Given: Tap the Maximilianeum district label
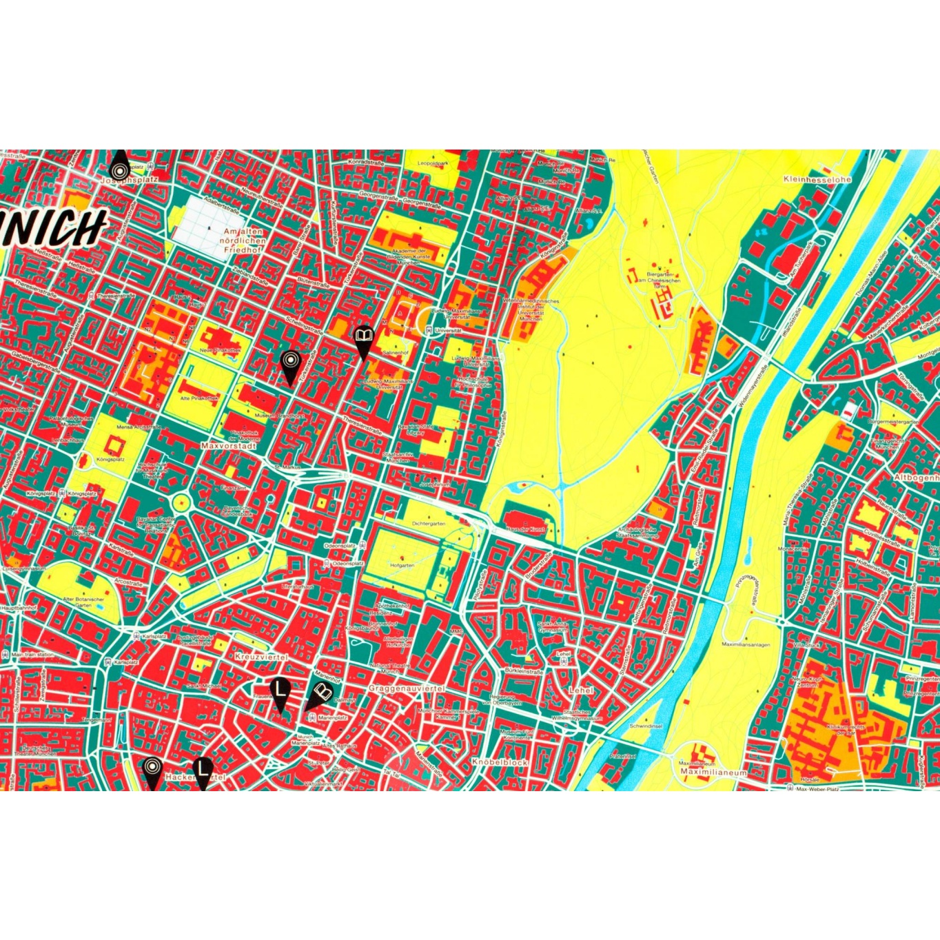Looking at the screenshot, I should click(x=713, y=773).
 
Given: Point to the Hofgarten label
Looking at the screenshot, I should click(x=402, y=565).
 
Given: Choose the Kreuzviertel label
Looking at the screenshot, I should click(x=260, y=658).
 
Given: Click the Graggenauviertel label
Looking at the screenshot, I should click(x=407, y=688).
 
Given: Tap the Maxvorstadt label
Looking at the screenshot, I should click(x=228, y=446).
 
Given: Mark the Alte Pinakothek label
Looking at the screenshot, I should click(x=199, y=398).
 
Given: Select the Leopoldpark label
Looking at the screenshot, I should click(x=433, y=164).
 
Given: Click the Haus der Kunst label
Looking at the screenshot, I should click(x=525, y=529).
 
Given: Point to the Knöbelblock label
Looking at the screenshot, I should click(x=500, y=763).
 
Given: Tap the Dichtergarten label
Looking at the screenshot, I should click(x=429, y=524).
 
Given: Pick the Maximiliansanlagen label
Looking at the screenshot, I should click(x=746, y=645).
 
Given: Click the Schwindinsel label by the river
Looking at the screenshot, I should click(x=646, y=726).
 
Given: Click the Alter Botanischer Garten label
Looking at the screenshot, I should click(x=83, y=602).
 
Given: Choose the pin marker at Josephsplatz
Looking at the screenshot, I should click(x=120, y=167).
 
